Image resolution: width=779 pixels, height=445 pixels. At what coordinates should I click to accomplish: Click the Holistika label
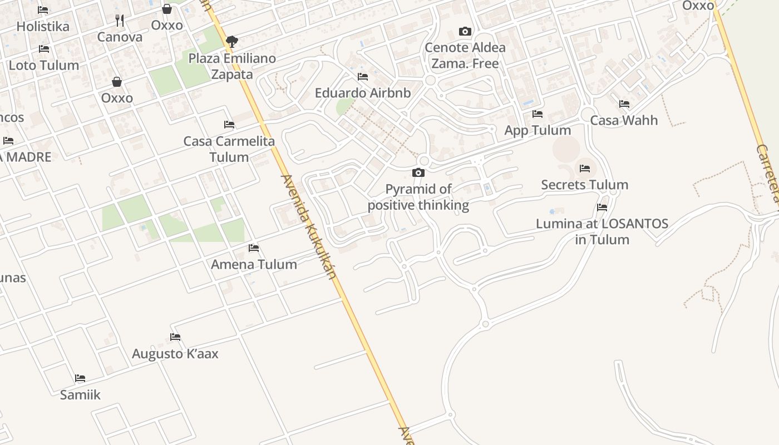point(43,26)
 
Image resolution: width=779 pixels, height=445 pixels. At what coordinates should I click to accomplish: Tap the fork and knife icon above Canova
point(120,21)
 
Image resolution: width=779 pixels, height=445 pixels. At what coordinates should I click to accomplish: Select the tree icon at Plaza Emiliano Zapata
point(232,41)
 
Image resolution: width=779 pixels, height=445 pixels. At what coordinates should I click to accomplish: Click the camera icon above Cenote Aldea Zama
point(465,31)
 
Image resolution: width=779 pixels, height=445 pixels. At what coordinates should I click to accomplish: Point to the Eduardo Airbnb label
point(363,93)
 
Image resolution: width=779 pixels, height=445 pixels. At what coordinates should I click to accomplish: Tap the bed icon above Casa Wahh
point(624,104)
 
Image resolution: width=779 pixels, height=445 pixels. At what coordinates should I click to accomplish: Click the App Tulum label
point(538,130)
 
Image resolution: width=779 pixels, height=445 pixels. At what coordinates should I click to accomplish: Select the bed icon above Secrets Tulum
point(584,168)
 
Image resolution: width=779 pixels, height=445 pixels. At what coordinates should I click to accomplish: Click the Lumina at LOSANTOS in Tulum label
point(602,231)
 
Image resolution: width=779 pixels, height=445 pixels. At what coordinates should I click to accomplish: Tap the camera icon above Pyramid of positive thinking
point(418,173)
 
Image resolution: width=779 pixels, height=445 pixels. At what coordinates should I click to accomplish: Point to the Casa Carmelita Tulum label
point(229,149)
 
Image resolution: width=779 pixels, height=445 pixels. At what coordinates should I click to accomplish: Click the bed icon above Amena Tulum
point(254,248)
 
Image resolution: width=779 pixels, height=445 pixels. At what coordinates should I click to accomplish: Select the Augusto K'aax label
point(175,354)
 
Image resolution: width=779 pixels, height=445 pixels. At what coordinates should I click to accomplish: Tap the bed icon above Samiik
point(80,378)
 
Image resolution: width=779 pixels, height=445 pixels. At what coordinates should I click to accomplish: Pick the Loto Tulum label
point(44,65)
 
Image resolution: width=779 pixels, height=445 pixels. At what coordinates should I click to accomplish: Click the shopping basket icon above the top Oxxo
point(166,9)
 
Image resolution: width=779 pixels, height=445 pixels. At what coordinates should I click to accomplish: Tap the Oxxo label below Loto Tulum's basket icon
point(117,98)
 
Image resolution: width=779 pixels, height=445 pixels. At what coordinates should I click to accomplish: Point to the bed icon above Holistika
point(43,10)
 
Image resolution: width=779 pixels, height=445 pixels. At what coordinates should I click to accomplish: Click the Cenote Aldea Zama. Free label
point(465,55)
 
